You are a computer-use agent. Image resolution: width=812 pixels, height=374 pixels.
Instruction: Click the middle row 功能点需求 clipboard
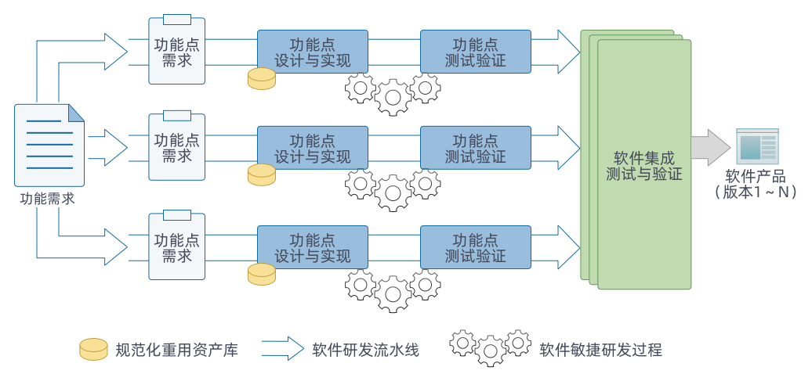click(177, 148)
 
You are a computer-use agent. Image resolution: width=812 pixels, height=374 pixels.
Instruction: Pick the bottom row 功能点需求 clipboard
click(177, 246)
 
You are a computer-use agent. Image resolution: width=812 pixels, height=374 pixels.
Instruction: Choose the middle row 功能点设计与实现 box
click(312, 148)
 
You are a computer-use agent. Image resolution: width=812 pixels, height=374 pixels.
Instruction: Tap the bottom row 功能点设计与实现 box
click(312, 246)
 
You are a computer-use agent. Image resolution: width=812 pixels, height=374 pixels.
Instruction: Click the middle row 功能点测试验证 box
click(475, 148)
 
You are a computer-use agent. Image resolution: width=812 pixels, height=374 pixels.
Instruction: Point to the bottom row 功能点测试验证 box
click(475, 246)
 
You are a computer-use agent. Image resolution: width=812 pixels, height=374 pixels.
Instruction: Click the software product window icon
click(756, 146)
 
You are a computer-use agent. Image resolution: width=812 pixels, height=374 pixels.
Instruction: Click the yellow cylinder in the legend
click(93, 349)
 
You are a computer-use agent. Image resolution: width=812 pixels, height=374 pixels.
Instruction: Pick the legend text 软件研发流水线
click(365, 350)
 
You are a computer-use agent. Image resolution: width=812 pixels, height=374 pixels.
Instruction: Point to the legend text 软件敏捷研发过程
click(600, 350)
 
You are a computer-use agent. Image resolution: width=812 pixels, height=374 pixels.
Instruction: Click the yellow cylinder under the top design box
click(262, 78)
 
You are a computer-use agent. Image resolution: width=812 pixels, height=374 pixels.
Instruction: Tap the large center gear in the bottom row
click(393, 293)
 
